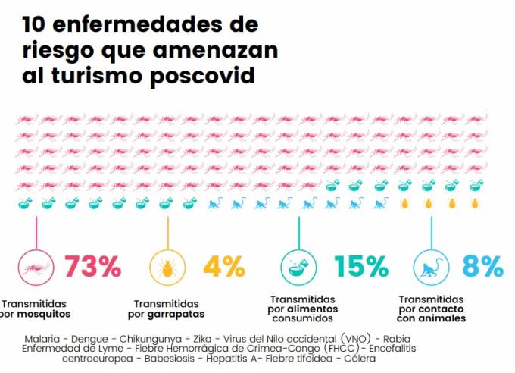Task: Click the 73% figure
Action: pos(92,266)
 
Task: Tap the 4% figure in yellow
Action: pos(223,266)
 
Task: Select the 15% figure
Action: pos(361,266)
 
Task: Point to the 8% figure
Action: pos(482,266)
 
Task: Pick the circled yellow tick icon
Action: pos(166,267)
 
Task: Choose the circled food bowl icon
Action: pos(300,267)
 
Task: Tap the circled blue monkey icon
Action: pos(431,267)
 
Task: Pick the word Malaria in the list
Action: pos(43,337)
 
